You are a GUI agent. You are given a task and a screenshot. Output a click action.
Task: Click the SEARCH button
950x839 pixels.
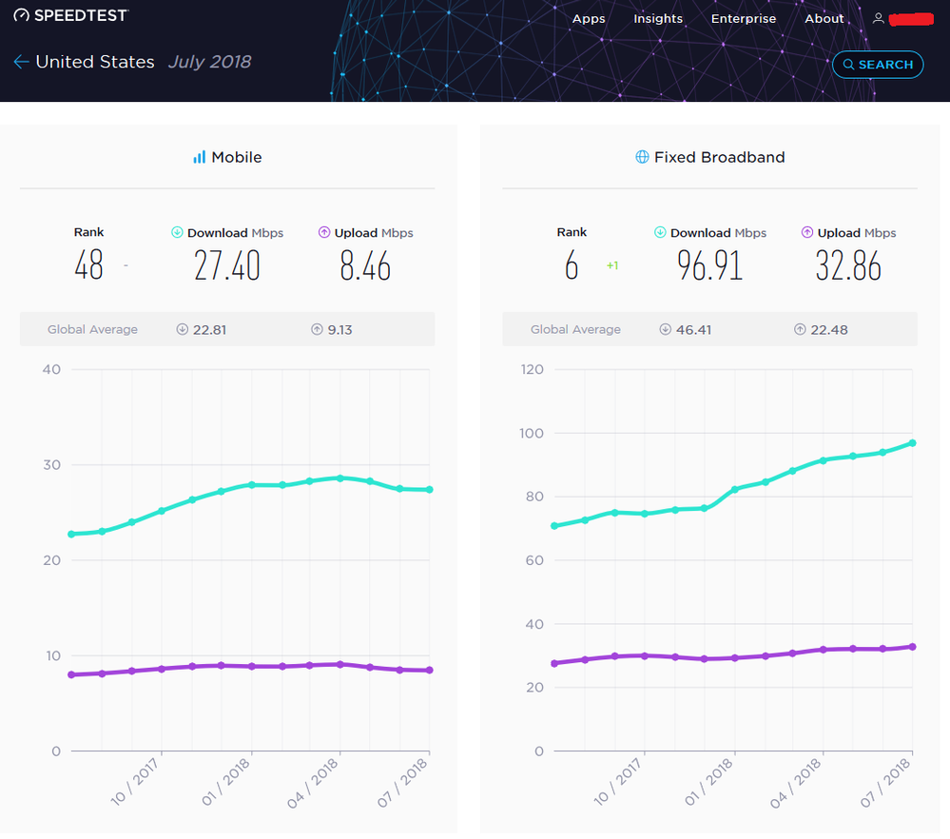click(877, 65)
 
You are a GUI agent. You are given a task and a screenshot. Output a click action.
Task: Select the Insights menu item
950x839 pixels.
click(658, 19)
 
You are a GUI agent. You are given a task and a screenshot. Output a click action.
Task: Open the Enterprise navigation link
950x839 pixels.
click(743, 19)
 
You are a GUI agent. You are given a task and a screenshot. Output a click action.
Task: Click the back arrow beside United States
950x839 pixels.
click(21, 62)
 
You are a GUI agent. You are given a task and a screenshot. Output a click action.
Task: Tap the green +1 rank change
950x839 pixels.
click(612, 266)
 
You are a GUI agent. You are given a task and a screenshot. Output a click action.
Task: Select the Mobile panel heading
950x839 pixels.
click(227, 157)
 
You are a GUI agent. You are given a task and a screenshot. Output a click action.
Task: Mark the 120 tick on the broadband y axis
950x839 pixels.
click(532, 369)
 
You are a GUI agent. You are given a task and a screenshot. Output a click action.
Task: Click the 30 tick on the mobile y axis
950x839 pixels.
click(51, 465)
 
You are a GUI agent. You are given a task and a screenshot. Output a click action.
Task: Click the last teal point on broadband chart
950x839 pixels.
click(912, 443)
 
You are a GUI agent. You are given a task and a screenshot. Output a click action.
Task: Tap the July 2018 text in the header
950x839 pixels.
click(209, 62)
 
